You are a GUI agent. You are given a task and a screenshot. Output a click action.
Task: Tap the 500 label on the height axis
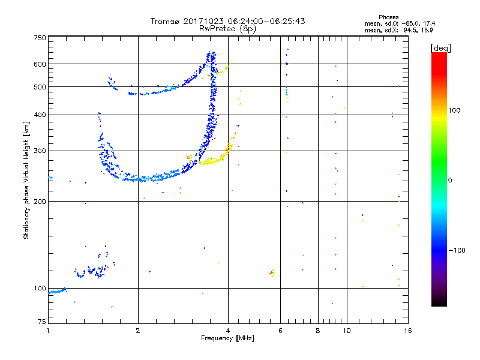40,87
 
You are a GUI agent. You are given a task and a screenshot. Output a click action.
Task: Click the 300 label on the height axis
40,151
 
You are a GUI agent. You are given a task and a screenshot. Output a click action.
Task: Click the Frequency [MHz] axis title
227,338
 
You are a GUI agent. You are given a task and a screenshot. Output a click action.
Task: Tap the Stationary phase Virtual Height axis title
26,180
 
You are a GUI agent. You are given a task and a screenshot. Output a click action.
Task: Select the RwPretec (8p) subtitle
227,28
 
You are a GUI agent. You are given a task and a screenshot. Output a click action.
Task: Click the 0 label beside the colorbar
451,180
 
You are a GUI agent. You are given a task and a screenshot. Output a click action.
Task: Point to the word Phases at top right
389,17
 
